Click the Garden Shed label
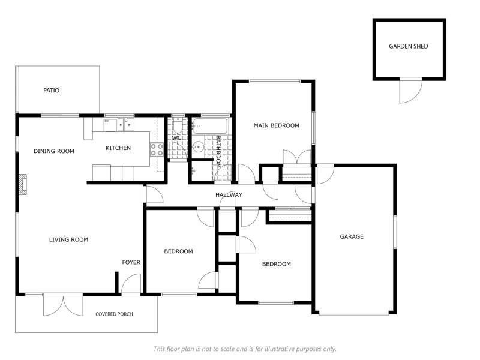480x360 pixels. [409, 46]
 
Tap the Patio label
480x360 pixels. [51, 91]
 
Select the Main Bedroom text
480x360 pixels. [276, 125]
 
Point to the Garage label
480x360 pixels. [352, 236]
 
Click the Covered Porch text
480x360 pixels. [114, 314]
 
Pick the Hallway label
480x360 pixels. [229, 194]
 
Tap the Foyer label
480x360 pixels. [131, 262]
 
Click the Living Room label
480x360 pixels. [68, 239]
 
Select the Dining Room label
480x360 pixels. [53, 151]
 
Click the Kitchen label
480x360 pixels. [118, 148]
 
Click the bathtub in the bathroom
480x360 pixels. [210, 126]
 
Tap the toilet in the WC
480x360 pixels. [178, 125]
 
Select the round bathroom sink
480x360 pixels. [199, 147]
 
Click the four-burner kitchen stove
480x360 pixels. [157, 149]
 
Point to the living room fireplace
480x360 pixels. [23, 184]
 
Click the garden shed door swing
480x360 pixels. [411, 91]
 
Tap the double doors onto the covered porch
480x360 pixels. [63, 305]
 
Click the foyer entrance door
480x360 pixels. [131, 284]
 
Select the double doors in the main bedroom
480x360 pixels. [297, 157]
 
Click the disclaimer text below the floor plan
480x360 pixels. [245, 349]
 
